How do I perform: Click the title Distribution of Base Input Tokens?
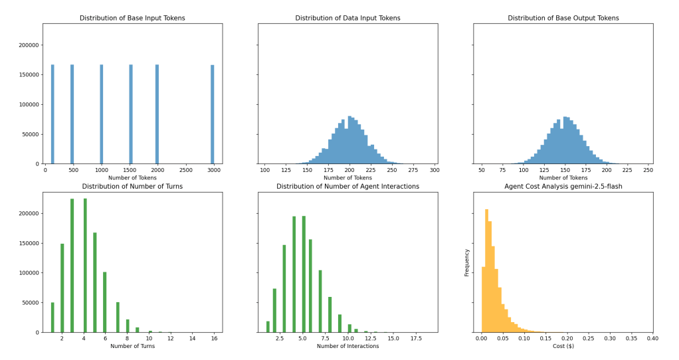click(x=133, y=18)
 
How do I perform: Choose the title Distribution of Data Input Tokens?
click(x=348, y=18)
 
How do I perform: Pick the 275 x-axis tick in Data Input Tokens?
click(x=415, y=171)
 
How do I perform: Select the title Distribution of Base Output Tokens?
click(x=563, y=18)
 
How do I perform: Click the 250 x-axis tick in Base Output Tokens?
click(x=648, y=171)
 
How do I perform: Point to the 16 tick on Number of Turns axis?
click(x=214, y=339)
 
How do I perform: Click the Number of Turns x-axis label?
click(x=133, y=347)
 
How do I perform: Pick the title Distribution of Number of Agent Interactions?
click(x=348, y=186)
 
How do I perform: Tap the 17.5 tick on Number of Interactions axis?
click(x=416, y=339)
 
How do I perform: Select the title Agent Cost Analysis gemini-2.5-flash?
click(x=563, y=186)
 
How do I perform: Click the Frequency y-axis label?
click(x=467, y=262)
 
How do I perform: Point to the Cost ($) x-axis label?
click(x=563, y=347)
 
